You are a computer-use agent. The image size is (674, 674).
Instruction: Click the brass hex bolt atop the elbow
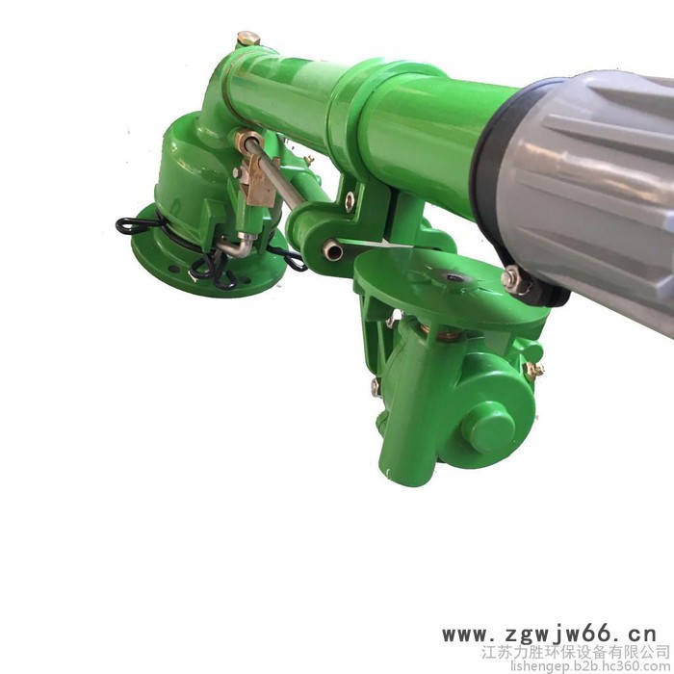pyautogui.click(x=248, y=39)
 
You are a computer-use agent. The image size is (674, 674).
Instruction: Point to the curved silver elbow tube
pyautogui.click(x=239, y=246)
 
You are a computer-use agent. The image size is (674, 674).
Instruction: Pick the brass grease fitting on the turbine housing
pyautogui.click(x=534, y=370)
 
